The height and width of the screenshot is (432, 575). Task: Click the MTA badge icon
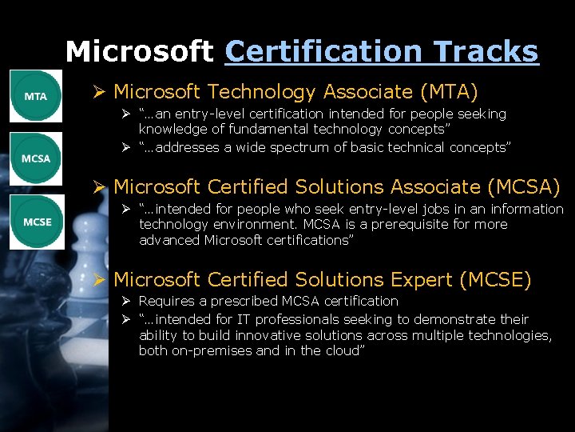[x=36, y=96]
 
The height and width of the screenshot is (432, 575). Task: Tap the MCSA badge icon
[x=36, y=158]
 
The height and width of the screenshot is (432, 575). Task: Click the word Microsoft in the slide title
[x=139, y=52]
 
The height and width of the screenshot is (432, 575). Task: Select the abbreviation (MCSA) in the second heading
[x=523, y=186]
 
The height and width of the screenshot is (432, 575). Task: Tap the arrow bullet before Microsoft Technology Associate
[x=99, y=93]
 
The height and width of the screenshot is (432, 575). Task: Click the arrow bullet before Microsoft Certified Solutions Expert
[x=99, y=280]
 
